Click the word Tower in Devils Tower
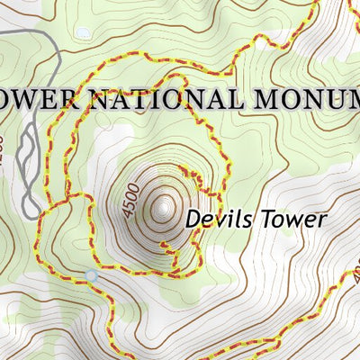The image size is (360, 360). click(288, 218)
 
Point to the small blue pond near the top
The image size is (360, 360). click(83, 33)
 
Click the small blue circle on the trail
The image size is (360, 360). click(90, 274)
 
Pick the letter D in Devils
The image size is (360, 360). click(192, 218)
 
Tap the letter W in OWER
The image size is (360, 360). click(35, 98)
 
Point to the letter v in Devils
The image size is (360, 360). click(216, 219)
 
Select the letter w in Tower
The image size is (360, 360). click(290, 219)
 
